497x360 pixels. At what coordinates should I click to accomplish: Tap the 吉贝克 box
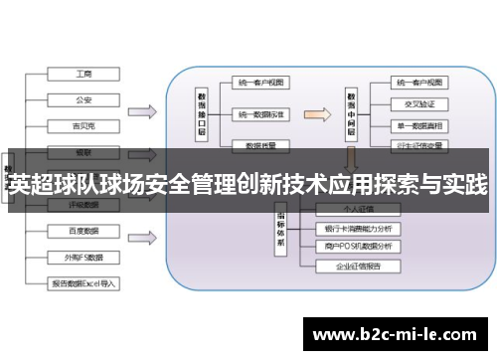[83, 125]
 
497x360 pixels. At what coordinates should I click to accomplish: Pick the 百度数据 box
[83, 231]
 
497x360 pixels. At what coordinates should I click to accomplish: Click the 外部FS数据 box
[83, 257]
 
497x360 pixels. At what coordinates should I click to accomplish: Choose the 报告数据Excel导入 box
[83, 282]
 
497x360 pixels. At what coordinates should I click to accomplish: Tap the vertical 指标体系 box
[281, 229]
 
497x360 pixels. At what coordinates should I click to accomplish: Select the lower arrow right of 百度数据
[142, 244]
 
